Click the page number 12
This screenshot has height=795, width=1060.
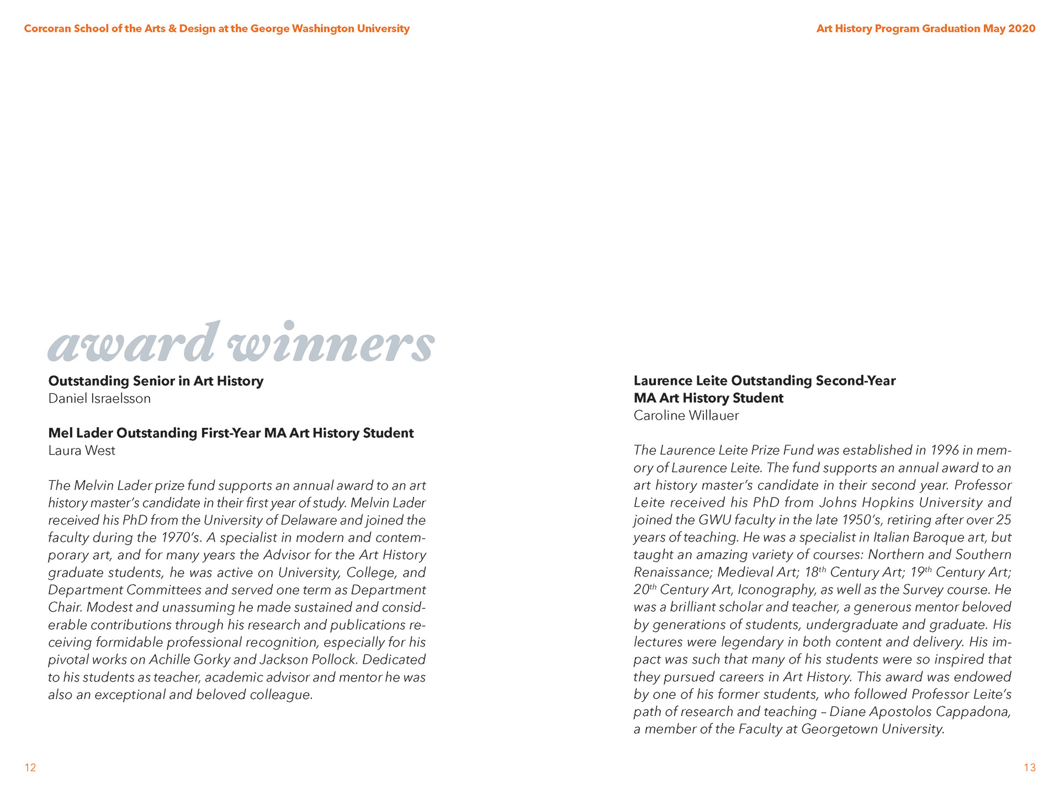(x=30, y=767)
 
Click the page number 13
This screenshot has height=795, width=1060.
(x=1030, y=767)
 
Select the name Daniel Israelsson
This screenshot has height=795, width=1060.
(x=99, y=399)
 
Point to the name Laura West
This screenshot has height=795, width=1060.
(x=82, y=451)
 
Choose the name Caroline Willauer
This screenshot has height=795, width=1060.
(x=686, y=416)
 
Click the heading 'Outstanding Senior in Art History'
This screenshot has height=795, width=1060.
(x=156, y=381)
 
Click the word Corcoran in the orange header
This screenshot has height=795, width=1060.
(x=47, y=29)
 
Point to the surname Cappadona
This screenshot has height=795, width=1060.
(x=973, y=712)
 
